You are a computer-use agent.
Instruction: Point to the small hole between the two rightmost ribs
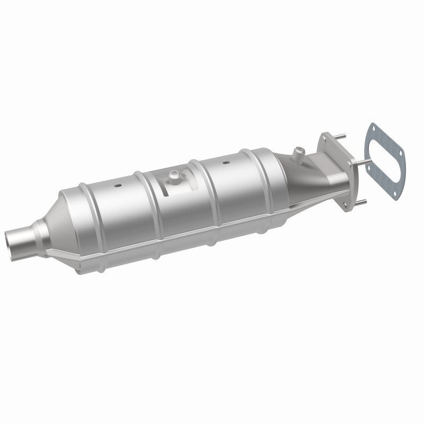226,163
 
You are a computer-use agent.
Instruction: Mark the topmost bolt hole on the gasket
373,129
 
